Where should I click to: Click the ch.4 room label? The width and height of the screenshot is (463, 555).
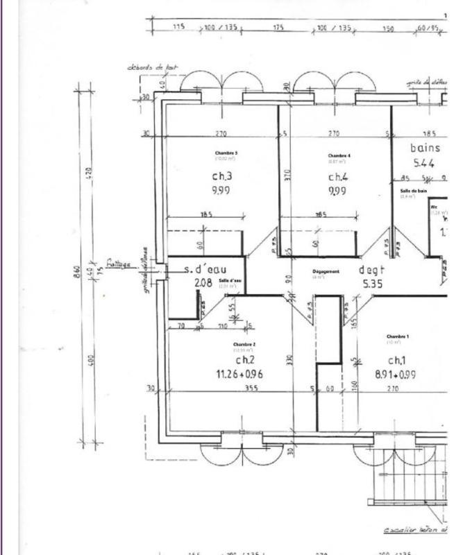pyautogui.click(x=338, y=177)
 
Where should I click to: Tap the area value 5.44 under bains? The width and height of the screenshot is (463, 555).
pyautogui.click(x=423, y=164)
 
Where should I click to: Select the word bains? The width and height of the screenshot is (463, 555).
pyautogui.click(x=425, y=148)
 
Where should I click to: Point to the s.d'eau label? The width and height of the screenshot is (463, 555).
pyautogui.click(x=203, y=268)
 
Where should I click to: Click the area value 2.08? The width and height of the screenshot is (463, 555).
pyautogui.click(x=203, y=282)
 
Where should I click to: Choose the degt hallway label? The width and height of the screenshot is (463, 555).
pyautogui.click(x=371, y=269)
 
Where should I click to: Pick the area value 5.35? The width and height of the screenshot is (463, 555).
pyautogui.click(x=373, y=283)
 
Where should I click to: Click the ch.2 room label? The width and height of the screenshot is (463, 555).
pyautogui.click(x=246, y=360)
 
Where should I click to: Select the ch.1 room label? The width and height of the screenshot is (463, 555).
pyautogui.click(x=396, y=360)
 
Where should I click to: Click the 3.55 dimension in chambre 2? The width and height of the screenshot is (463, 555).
pyautogui.click(x=251, y=388)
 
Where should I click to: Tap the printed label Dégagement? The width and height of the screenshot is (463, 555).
pyautogui.click(x=326, y=271)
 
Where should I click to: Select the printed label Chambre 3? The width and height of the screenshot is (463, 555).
pyautogui.click(x=226, y=153)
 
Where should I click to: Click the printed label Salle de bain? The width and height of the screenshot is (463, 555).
pyautogui.click(x=413, y=191)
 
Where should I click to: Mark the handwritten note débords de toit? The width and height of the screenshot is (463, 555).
pyautogui.click(x=151, y=67)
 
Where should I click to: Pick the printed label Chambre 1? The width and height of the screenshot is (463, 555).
pyautogui.click(x=398, y=336)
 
